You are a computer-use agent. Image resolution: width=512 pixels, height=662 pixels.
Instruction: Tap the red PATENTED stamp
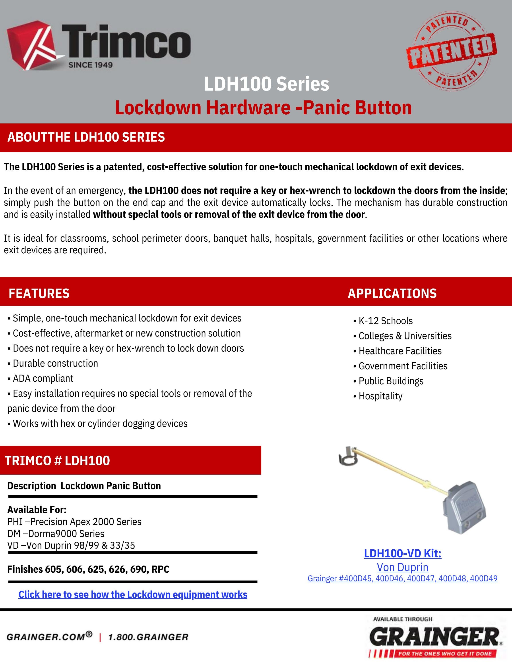(x=452, y=51)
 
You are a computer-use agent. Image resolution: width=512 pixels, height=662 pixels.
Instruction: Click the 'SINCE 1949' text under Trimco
(x=90, y=65)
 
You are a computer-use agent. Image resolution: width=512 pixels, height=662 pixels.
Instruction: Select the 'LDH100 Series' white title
(x=266, y=84)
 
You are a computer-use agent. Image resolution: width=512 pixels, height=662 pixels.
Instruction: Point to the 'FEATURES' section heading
(x=39, y=293)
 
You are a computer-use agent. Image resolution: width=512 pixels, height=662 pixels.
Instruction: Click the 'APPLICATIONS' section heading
(x=392, y=293)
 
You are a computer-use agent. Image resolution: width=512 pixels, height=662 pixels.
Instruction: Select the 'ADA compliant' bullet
(x=43, y=378)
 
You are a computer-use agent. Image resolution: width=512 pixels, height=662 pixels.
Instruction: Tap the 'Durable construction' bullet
(x=55, y=363)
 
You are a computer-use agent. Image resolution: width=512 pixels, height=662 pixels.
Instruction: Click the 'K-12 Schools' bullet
(x=385, y=321)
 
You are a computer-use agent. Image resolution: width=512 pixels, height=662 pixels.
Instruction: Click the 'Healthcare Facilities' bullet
(x=400, y=351)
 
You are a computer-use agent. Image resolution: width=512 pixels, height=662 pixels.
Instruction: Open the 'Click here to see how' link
(x=133, y=594)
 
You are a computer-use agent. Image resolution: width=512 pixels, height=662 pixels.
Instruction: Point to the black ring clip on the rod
(x=348, y=457)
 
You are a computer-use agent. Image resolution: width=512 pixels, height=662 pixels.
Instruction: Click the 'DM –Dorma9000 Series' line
(x=56, y=533)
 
